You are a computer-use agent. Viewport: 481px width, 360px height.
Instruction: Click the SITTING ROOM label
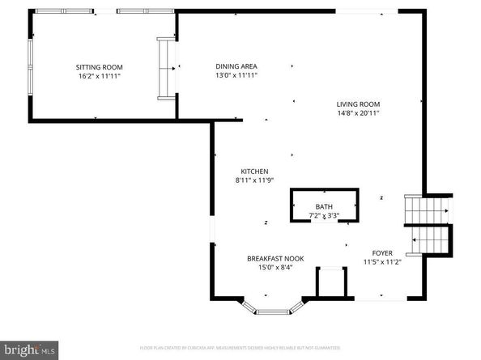(x=99, y=66)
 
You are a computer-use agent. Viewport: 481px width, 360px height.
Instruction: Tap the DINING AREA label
(x=236, y=66)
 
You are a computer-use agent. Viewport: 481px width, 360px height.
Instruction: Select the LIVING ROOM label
(x=359, y=104)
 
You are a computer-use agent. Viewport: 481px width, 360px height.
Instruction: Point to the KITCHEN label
(x=254, y=171)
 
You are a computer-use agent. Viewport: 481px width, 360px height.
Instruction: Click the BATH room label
(x=323, y=207)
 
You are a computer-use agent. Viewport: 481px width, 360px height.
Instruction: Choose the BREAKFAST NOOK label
(x=276, y=259)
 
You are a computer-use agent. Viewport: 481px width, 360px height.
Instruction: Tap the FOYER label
(x=382, y=253)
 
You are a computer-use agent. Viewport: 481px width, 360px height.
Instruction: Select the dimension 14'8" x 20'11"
(x=359, y=113)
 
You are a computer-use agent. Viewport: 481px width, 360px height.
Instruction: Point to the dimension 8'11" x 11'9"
(x=254, y=180)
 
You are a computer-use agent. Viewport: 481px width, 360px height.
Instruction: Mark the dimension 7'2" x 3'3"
(x=323, y=215)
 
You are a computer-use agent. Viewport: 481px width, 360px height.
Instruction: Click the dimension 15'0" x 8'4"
(x=276, y=268)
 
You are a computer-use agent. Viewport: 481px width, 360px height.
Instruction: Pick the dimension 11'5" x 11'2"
(x=382, y=262)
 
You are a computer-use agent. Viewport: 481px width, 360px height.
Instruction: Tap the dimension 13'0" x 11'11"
(x=236, y=75)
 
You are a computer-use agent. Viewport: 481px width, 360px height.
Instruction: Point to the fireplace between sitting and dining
(x=167, y=68)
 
